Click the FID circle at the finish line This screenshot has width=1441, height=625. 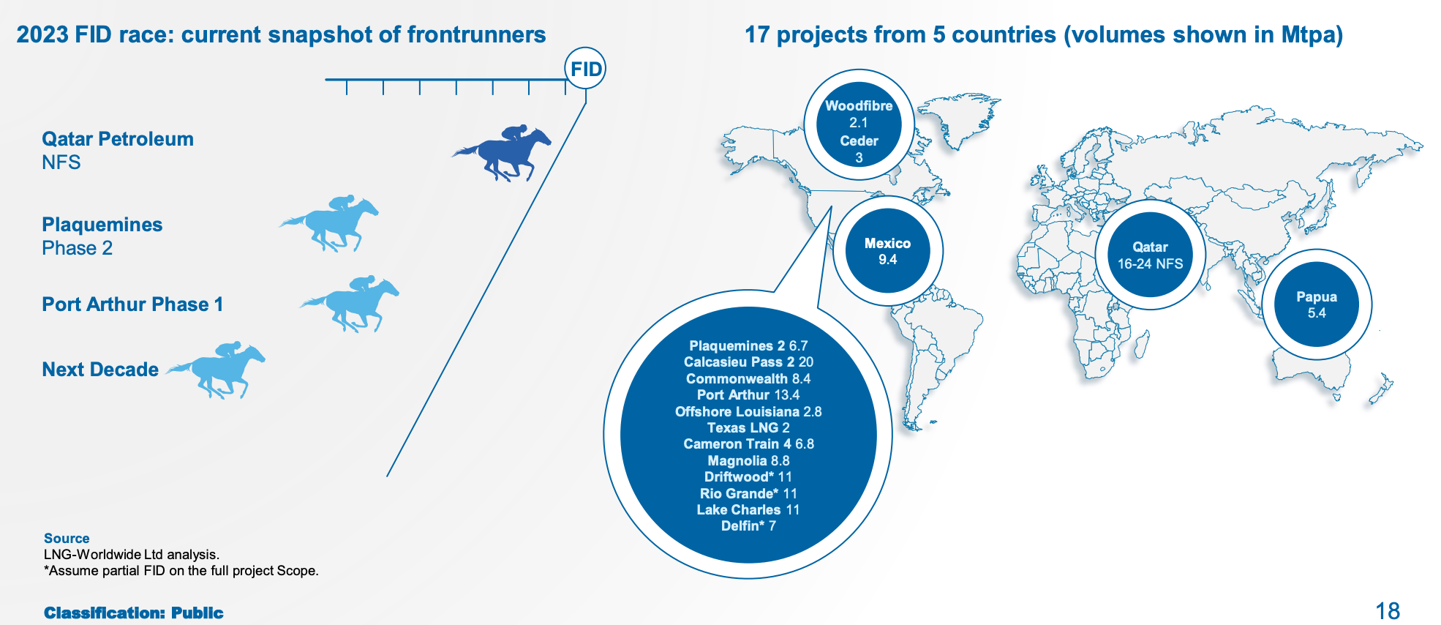click(585, 69)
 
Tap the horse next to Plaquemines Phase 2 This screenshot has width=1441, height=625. click(330, 223)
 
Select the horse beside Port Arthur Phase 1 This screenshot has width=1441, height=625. click(350, 304)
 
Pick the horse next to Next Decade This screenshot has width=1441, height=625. click(216, 370)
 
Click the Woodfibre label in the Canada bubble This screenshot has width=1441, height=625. click(859, 105)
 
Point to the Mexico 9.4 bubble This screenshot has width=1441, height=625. click(887, 251)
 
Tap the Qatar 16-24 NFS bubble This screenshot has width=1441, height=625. click(1150, 255)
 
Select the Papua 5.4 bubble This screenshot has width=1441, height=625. click(1317, 304)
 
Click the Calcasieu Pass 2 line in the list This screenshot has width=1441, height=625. click(748, 362)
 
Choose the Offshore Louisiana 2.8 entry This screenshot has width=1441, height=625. click(748, 411)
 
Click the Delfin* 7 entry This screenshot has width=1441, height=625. click(748, 525)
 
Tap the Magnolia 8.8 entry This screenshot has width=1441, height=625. click(748, 460)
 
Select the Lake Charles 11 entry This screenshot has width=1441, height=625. click(748, 509)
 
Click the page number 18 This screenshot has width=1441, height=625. click(1388, 611)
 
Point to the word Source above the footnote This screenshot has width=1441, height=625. click(67, 538)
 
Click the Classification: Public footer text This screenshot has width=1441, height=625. click(134, 613)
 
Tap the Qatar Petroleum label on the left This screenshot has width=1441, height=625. click(118, 139)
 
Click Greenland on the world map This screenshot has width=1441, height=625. click(958, 117)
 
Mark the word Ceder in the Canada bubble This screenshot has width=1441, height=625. click(859, 141)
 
